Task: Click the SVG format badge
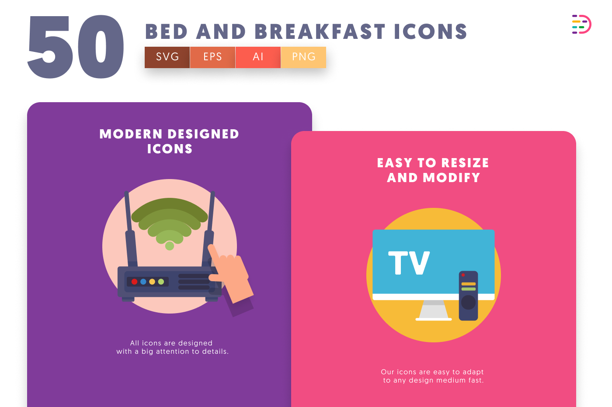(x=167, y=57)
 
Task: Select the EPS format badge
(x=212, y=57)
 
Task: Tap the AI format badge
(x=258, y=57)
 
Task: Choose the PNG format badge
(x=303, y=57)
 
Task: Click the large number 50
(x=76, y=47)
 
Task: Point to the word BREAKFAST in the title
(x=320, y=32)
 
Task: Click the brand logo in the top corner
(x=581, y=24)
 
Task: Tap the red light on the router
(x=135, y=282)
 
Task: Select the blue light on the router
(x=143, y=282)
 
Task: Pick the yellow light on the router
(x=152, y=282)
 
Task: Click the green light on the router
(x=161, y=282)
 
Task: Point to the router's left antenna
(x=131, y=229)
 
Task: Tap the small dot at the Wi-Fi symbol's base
(x=170, y=246)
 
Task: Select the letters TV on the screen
(x=409, y=262)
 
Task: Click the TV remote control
(x=468, y=296)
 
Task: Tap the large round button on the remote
(x=468, y=303)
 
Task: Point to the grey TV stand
(x=434, y=310)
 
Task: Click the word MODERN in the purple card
(x=131, y=134)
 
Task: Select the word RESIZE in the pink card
(x=465, y=163)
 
